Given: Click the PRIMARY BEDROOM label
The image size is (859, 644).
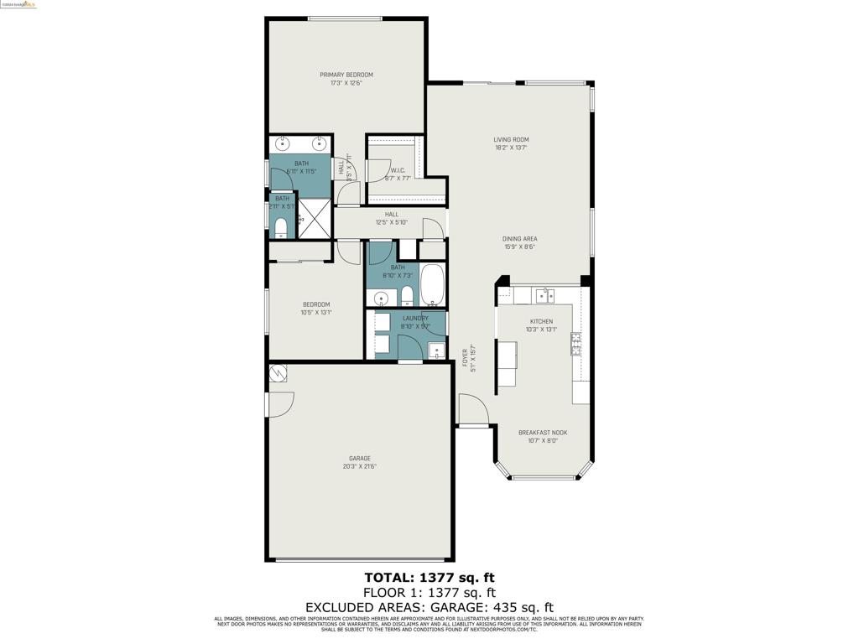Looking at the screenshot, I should click(x=346, y=75).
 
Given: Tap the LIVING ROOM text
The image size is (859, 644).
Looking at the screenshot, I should click(x=510, y=140).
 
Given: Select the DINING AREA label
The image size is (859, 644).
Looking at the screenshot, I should click(x=520, y=239).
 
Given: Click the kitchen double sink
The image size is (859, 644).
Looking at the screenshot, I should click(x=544, y=294).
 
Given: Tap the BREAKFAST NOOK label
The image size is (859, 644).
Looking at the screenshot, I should click(x=542, y=433).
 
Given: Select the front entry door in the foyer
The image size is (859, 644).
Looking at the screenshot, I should click(x=473, y=411).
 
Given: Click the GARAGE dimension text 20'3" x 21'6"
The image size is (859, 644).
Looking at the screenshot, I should click(x=359, y=466).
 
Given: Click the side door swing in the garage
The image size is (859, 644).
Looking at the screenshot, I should click(x=279, y=403).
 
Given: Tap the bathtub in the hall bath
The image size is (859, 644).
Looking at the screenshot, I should click(x=433, y=286).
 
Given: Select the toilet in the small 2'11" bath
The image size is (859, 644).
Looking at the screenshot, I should click(x=280, y=226).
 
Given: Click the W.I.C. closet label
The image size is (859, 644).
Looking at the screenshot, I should click(x=397, y=171).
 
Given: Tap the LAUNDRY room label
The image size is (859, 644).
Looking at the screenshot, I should click(x=415, y=319).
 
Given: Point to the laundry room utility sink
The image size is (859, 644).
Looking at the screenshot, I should click(x=435, y=350).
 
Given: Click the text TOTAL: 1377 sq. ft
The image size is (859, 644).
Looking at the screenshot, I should click(x=429, y=577).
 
